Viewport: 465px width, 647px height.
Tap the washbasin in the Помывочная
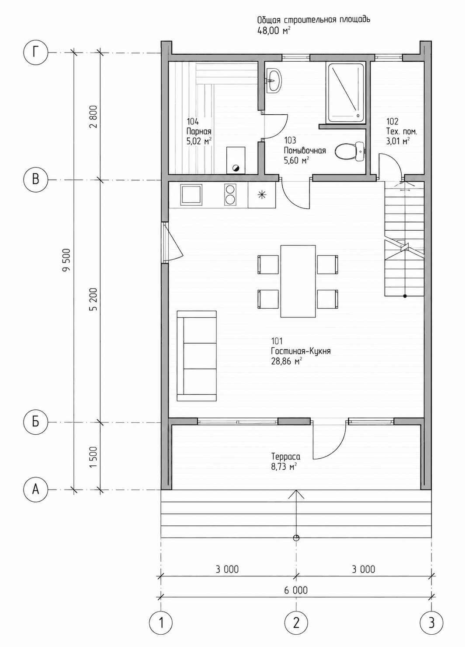click(x=273, y=81)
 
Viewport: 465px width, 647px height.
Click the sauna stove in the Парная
click(x=236, y=160)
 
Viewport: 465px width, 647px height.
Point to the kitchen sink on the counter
click(x=191, y=195)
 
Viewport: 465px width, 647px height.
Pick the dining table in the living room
click(x=298, y=281)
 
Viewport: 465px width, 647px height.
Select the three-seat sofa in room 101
click(x=197, y=356)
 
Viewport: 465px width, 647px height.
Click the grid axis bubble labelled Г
click(x=35, y=53)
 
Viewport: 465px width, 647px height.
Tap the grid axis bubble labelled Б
click(x=35, y=422)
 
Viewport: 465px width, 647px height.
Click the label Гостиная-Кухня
click(x=301, y=351)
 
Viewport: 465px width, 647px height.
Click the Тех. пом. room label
click(x=402, y=132)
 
